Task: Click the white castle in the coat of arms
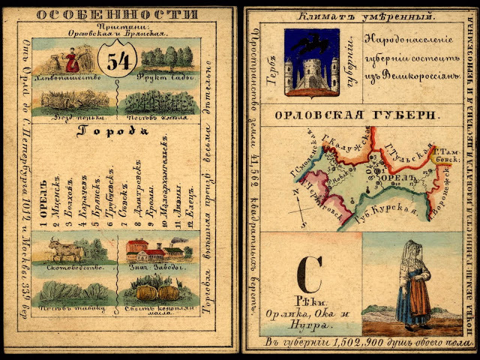click(x=311, y=73)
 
